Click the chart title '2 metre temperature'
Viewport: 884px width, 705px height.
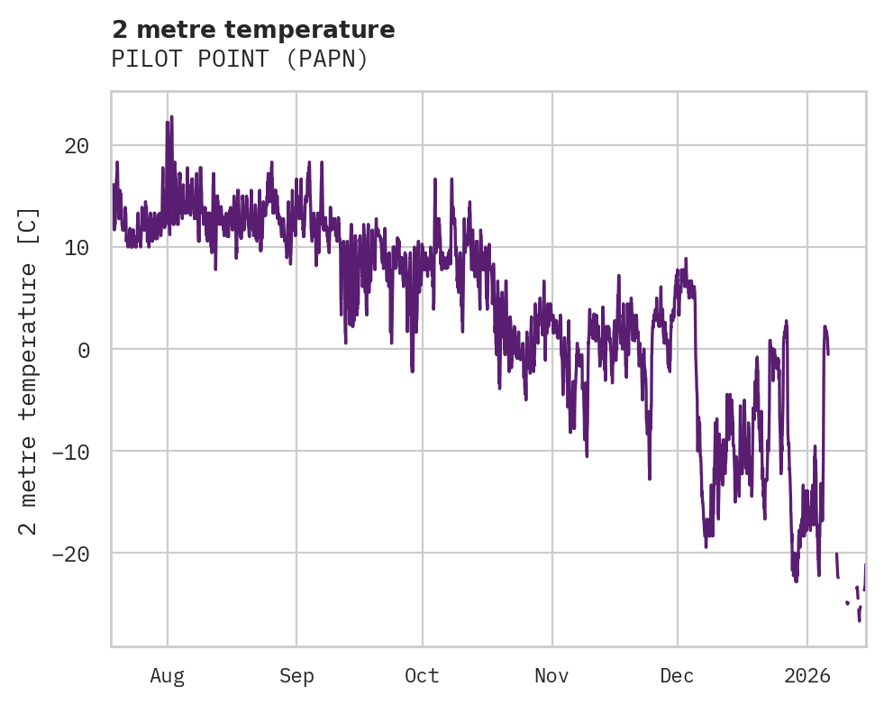[x=253, y=30]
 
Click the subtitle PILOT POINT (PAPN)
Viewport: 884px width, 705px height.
[x=240, y=60]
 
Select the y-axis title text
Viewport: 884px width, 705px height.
[x=30, y=371]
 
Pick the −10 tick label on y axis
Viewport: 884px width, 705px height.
[x=76, y=452]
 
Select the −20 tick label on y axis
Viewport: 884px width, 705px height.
[x=76, y=554]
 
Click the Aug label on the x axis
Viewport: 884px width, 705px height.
[x=168, y=676]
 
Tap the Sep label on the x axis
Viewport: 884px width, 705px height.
[x=296, y=676]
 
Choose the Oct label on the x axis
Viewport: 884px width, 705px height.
[x=422, y=676]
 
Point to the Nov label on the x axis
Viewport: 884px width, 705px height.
[x=551, y=676]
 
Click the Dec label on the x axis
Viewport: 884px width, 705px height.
[x=677, y=676]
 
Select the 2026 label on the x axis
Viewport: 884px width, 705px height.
[x=807, y=676]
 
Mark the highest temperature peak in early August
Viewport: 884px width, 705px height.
[x=171, y=117]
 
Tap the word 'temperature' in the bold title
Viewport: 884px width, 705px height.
[x=333, y=30]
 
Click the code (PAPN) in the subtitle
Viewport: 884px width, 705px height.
[x=335, y=60]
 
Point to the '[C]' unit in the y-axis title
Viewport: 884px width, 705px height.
[x=30, y=225]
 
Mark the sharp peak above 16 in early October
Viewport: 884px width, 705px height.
[x=434, y=179]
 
